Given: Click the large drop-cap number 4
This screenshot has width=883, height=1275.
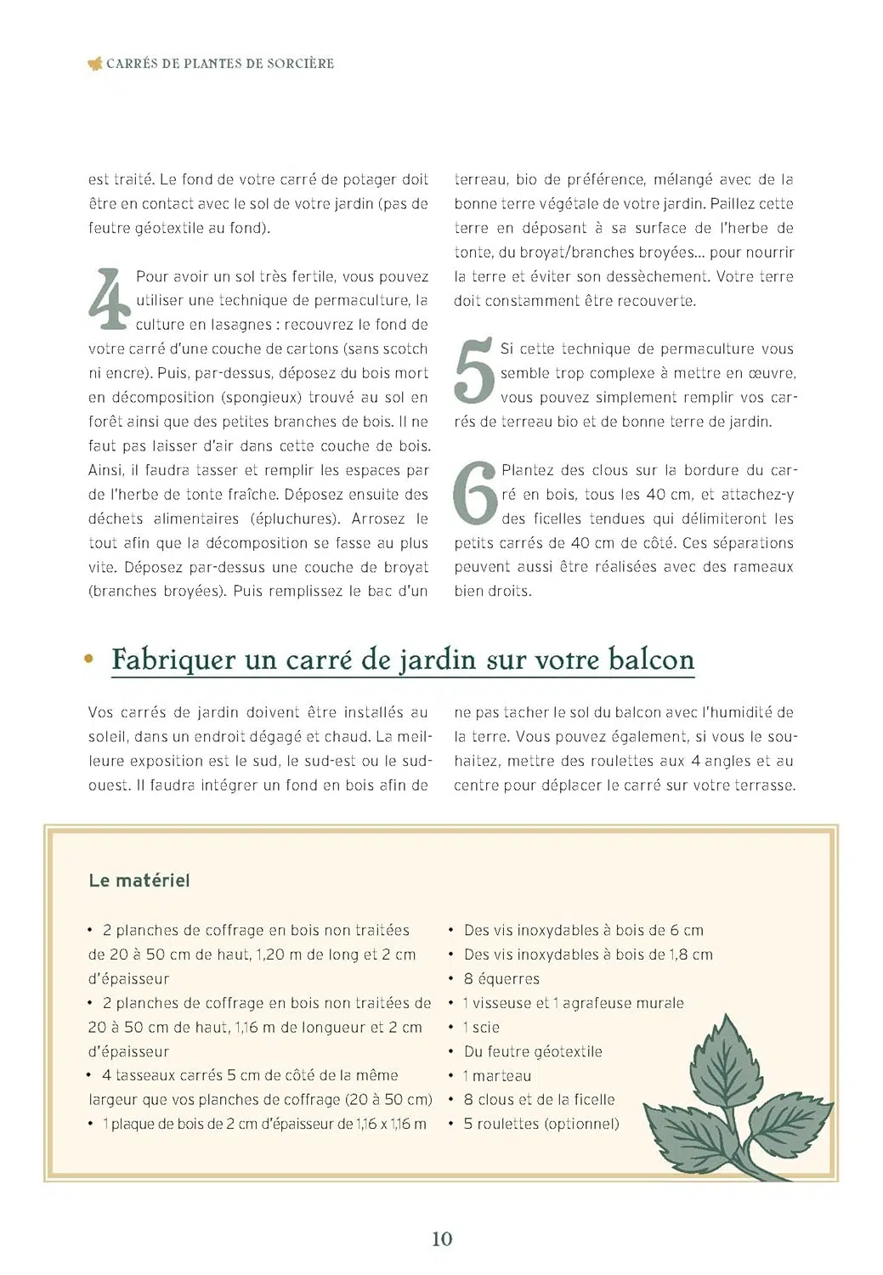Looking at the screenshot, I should tap(109, 299).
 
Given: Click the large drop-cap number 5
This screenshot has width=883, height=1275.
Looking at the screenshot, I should tap(473, 371).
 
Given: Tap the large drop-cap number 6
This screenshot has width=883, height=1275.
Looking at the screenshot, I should tap(474, 493).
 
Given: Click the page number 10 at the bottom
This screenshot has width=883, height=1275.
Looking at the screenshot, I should tap(442, 1238).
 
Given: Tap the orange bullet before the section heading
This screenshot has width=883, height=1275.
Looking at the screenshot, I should tap(88, 659).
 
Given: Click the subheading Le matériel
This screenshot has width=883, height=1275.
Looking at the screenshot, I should tap(139, 881).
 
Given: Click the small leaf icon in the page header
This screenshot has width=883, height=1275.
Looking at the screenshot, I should tap(95, 63).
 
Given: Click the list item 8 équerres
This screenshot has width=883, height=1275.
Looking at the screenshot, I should tap(501, 978).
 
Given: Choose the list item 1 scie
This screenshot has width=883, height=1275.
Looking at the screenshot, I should tap(481, 1027).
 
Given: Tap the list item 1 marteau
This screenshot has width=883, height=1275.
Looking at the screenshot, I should tap(497, 1075).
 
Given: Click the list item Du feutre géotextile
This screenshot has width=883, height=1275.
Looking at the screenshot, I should tap(533, 1051).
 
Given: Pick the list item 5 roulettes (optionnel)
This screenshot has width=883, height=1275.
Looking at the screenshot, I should tap(541, 1124).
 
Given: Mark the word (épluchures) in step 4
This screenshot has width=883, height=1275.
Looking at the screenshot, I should tap(296, 518).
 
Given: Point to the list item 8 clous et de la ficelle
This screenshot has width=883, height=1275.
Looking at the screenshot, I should tap(539, 1099).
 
